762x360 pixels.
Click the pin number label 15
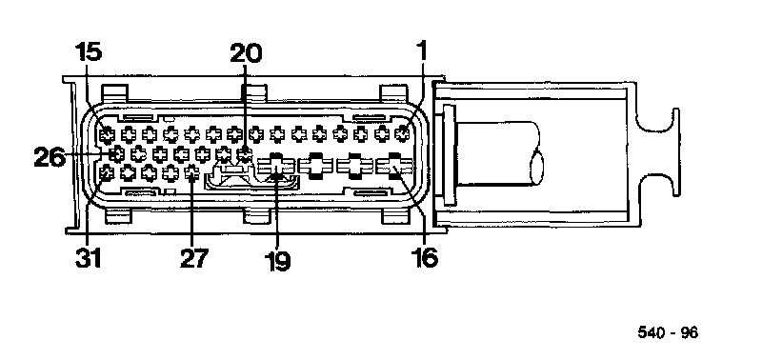pos(89,52)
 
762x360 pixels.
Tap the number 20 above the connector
pos(246,53)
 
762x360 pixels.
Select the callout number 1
pos(422,50)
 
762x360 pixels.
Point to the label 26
pos(50,157)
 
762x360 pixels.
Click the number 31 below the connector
pos(89,258)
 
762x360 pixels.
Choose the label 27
pos(194,258)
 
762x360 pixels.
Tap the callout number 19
pos(277,261)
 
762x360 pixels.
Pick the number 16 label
pos(424,257)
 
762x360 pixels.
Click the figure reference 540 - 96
pos(668,332)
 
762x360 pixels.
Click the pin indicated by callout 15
pos(107,133)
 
